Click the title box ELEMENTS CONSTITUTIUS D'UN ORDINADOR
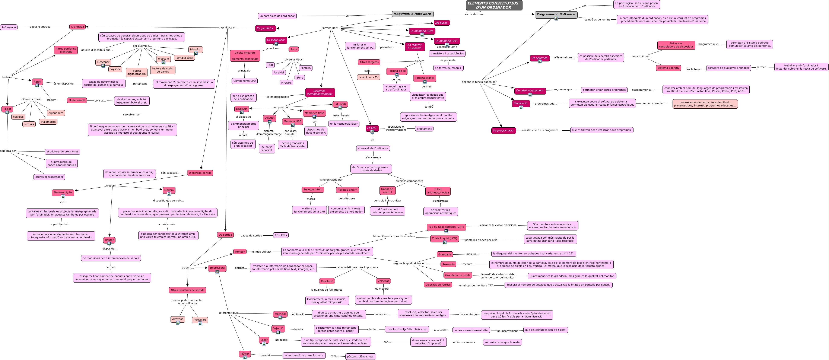click(494, 5)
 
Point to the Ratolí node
click(37, 82)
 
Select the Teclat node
click(7, 109)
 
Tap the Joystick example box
click(115, 69)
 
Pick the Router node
click(109, 240)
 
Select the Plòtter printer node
click(245, 354)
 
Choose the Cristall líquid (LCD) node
click(444, 238)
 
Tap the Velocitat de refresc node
click(438, 285)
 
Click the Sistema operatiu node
click(668, 68)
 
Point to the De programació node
click(503, 130)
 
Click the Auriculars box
click(200, 320)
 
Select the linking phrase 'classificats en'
click(227, 28)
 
